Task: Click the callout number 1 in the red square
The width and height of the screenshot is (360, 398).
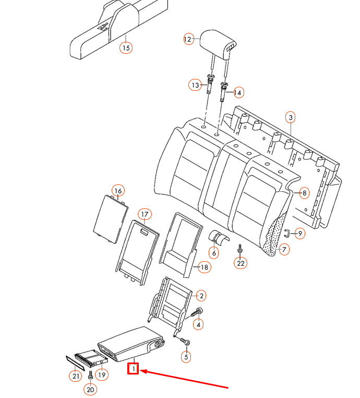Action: click(134, 369)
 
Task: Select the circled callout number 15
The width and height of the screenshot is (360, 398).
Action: click(125, 48)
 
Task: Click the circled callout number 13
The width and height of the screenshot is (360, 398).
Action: click(195, 85)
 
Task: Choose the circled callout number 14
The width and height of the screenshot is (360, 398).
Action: click(238, 92)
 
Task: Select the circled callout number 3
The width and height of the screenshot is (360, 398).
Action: click(291, 118)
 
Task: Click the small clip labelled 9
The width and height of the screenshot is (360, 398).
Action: click(287, 232)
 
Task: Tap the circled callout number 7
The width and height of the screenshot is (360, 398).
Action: click(284, 249)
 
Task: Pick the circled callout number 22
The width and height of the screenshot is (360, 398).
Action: click(240, 263)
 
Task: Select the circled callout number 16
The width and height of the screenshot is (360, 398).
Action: click(118, 191)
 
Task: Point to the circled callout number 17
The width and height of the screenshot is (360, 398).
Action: click(145, 214)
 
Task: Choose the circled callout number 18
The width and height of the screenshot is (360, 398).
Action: click(204, 267)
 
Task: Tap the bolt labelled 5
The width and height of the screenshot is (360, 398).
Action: click(184, 341)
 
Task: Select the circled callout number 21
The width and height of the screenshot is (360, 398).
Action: click(76, 375)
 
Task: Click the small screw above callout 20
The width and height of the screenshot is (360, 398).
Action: click(91, 374)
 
